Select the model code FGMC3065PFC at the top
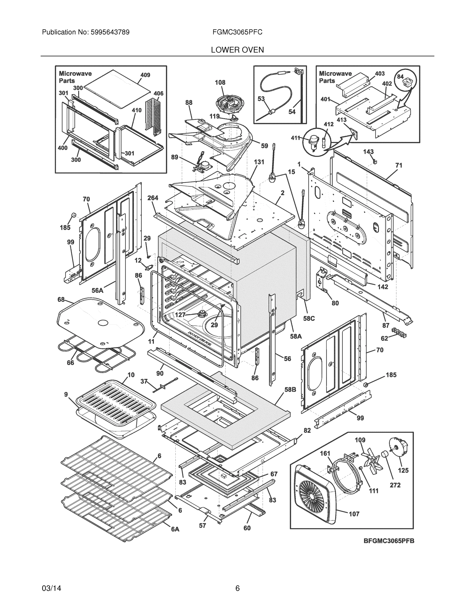tap(238, 32)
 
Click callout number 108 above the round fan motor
tap(220, 83)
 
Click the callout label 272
tap(395, 485)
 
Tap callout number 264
tap(153, 198)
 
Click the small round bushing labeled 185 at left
tap(73, 215)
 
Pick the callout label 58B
tap(290, 390)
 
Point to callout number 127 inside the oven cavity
tap(180, 315)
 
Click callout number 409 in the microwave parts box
tap(145, 75)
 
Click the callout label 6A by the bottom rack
tap(175, 529)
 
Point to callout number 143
tap(368, 152)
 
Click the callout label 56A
tap(97, 290)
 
